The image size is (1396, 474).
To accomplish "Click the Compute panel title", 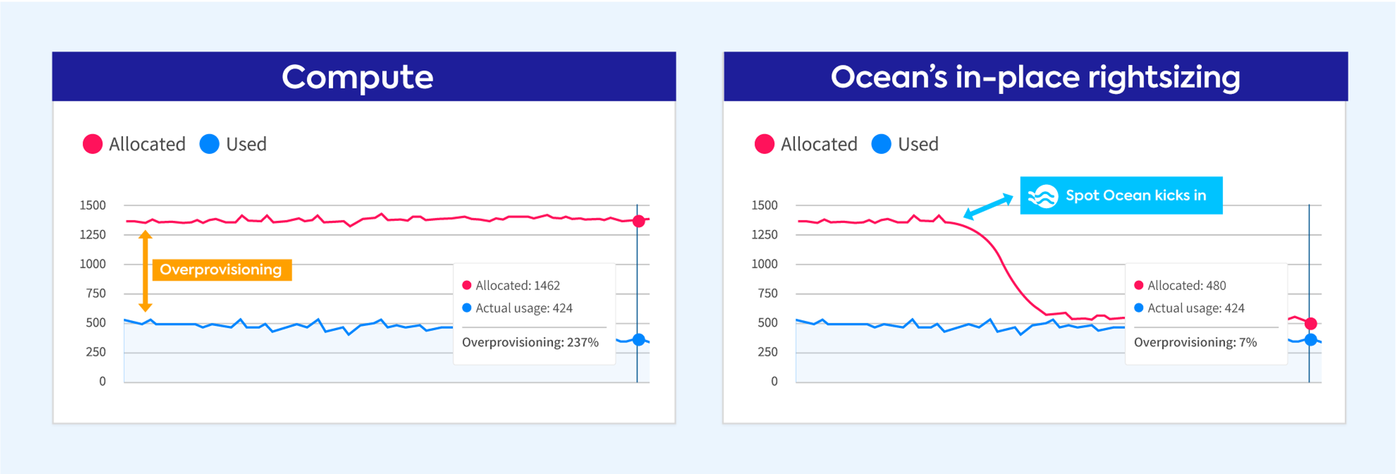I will tap(357, 77).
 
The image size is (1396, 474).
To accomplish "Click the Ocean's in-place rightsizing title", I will tap(1035, 77).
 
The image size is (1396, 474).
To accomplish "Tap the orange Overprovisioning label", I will tap(221, 269).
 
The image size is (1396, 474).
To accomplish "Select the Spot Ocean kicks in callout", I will tap(1121, 195).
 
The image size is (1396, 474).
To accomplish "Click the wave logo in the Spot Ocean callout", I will tap(1043, 196).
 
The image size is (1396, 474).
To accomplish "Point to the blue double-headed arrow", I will tap(988, 207).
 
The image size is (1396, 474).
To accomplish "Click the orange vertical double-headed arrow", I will tap(145, 271).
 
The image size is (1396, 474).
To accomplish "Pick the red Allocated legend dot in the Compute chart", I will tap(93, 144).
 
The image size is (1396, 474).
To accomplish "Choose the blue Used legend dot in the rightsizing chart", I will tap(881, 144).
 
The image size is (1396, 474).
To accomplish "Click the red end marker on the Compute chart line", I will tap(639, 221).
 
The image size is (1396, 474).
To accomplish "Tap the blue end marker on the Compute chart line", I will tap(639, 340).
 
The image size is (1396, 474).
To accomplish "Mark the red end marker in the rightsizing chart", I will tap(1311, 323).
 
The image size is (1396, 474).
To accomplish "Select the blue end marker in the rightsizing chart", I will tap(1311, 340).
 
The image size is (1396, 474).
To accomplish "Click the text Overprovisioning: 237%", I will tap(530, 342).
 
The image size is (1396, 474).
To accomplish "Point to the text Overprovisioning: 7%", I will tap(1195, 342).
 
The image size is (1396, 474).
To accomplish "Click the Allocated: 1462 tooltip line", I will tap(517, 285).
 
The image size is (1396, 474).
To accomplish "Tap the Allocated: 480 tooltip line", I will tap(1186, 285).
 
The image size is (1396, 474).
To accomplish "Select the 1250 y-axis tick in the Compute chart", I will tap(93, 235).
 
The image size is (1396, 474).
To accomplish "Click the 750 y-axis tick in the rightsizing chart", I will tap(767, 293).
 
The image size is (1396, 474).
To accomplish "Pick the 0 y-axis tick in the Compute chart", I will tap(103, 381).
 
